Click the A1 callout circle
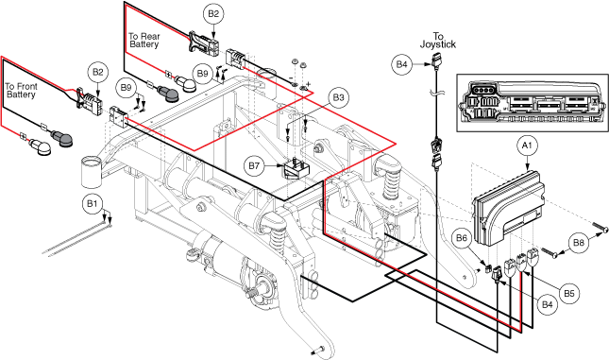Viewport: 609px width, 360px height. (x=527, y=146)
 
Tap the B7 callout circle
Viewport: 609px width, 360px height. (x=254, y=166)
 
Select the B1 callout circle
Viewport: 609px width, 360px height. (x=93, y=204)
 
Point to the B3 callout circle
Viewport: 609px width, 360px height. (x=338, y=97)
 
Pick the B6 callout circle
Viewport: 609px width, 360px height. (x=462, y=238)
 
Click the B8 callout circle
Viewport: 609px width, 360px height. (x=579, y=243)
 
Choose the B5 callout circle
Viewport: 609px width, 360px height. (x=569, y=293)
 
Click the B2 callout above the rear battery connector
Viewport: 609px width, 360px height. (x=213, y=14)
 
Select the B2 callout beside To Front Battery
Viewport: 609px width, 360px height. (x=98, y=73)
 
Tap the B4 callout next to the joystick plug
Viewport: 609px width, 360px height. (x=401, y=63)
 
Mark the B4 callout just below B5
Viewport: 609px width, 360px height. (x=547, y=305)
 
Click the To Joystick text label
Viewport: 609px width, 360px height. (x=438, y=41)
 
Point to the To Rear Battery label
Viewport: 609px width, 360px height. (x=144, y=41)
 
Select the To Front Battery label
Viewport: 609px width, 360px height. (x=21, y=91)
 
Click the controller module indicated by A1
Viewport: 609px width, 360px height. (x=507, y=209)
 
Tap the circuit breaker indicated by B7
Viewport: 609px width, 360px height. (x=296, y=167)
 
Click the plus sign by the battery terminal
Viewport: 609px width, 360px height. (x=309, y=83)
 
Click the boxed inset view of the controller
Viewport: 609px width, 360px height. (x=533, y=103)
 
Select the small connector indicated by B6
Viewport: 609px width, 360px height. (x=489, y=267)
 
